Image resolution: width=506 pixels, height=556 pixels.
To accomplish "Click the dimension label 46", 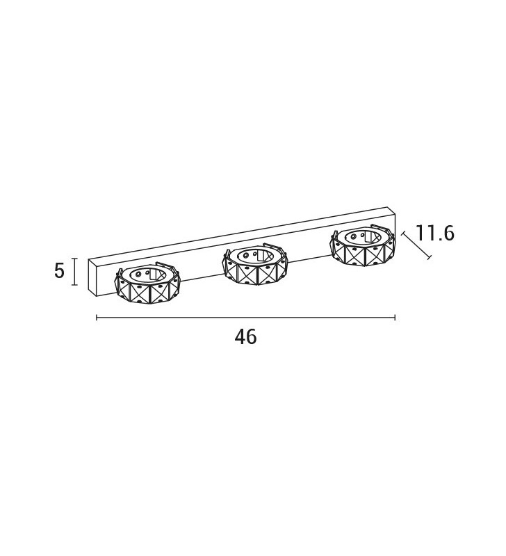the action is tap(245, 337).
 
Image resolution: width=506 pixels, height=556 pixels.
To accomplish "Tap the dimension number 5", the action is tap(60, 271).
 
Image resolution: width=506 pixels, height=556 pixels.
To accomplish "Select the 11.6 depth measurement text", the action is tap(434, 234).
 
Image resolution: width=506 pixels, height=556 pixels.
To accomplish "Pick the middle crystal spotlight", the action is tap(255, 264).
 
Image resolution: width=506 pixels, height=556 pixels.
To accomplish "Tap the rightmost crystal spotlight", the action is tap(362, 245).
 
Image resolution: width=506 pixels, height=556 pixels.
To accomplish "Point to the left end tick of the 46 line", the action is tap(97, 318).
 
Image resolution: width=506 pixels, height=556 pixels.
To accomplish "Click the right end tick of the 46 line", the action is tap(395, 318).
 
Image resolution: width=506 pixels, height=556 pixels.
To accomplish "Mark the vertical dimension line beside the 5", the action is tap(74, 272).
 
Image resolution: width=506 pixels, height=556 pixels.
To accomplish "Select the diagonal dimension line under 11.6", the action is tap(416, 245).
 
